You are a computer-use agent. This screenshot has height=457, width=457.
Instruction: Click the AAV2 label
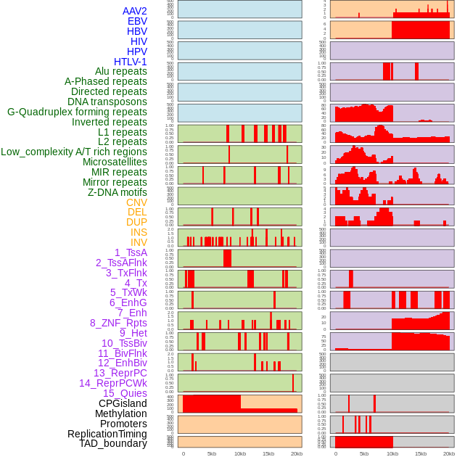coord(134,11)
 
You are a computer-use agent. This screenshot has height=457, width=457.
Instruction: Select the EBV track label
coord(137,21)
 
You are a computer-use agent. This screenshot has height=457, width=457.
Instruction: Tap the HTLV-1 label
coord(130,62)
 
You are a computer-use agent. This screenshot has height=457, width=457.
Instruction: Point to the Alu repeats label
coord(120,71)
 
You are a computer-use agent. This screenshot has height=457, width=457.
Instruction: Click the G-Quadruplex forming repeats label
coord(77,112)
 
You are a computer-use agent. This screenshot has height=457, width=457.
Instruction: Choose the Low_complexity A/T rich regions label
coord(74,152)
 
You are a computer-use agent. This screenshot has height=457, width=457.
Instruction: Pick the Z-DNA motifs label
coord(118,192)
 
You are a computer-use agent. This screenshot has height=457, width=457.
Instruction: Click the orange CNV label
coord(136,202)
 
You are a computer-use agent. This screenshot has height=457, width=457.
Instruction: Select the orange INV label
coord(139,242)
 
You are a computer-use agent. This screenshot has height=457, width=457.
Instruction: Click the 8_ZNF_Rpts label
coord(118,323)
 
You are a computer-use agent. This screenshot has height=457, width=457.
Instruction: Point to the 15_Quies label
coord(125,393)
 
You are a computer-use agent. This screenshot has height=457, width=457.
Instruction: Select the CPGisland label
coord(123,403)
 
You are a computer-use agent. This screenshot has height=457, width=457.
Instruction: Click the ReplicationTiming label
coord(107,434)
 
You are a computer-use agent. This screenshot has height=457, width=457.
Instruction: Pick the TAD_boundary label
coord(113,443)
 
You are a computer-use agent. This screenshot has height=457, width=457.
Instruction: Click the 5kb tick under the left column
coord(212,453)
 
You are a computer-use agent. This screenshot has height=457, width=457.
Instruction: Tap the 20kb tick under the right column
coord(449,453)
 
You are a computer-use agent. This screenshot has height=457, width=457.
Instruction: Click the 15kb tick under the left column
coord(268,453)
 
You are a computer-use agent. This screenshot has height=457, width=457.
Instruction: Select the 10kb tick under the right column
coord(392,453)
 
